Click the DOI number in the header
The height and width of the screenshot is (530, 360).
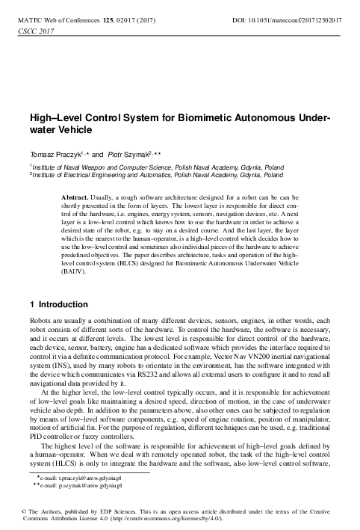[x=299, y=15]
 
